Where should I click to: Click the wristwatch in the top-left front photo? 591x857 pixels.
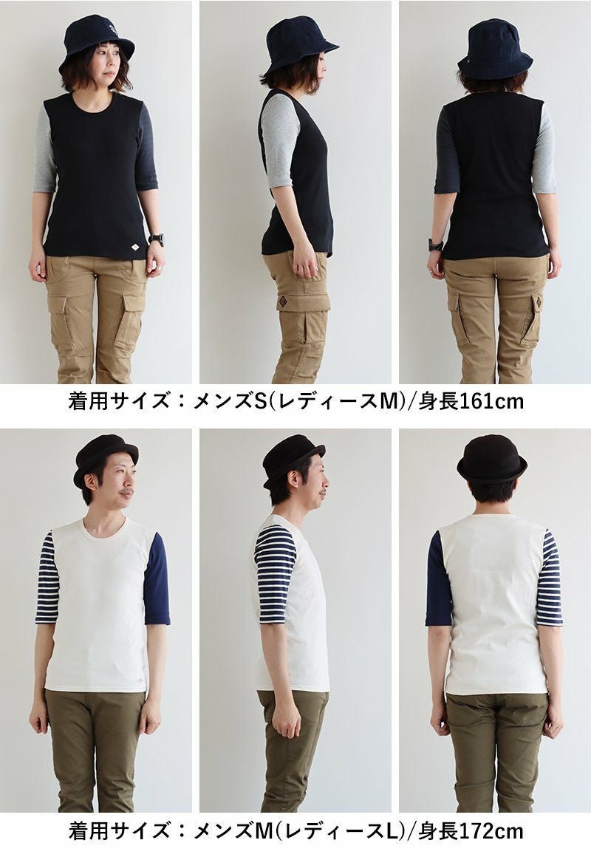[156, 239]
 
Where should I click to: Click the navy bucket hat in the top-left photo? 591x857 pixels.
[97, 42]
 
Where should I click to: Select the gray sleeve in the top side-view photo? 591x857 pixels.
[278, 141]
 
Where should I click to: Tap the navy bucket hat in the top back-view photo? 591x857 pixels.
[494, 49]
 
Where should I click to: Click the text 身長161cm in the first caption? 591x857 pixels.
[471, 402]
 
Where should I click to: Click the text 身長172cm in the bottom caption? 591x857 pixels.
[471, 831]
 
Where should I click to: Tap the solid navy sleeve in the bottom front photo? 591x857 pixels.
[157, 579]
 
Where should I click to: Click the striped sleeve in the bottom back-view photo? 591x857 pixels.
[549, 578]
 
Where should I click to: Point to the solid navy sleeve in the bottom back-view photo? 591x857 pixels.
[439, 579]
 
